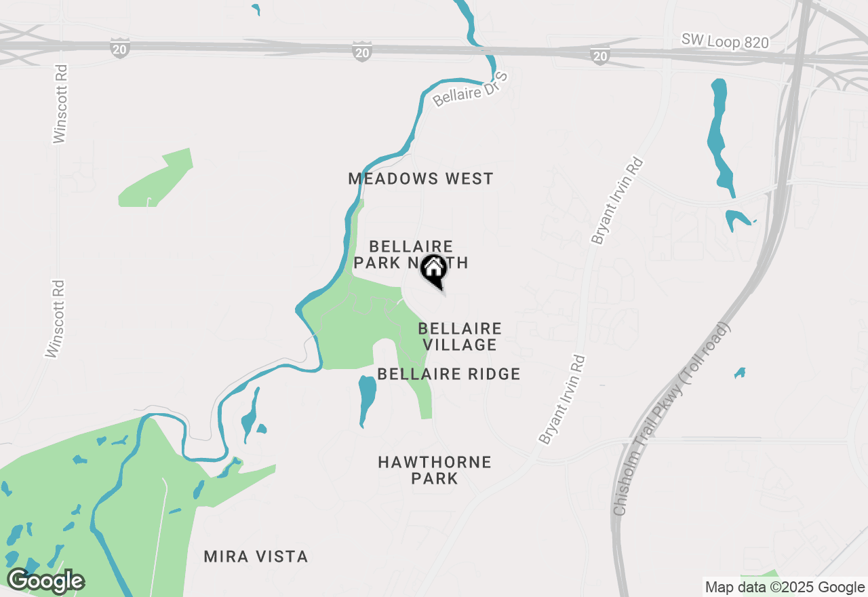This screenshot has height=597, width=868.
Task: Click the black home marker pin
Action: pyautogui.click(x=433, y=271)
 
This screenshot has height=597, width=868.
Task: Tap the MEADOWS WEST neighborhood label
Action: pyautogui.click(x=420, y=179)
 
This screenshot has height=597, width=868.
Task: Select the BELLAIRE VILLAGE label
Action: pyautogui.click(x=460, y=336)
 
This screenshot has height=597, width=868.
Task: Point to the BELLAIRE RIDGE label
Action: pyautogui.click(x=449, y=374)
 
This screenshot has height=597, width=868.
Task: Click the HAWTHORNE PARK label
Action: pyautogui.click(x=435, y=470)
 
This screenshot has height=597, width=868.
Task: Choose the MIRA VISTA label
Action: pyautogui.click(x=256, y=557)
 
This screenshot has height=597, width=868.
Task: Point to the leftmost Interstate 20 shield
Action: pyautogui.click(x=119, y=47)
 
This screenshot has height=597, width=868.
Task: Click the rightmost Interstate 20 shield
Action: pyautogui.click(x=599, y=55)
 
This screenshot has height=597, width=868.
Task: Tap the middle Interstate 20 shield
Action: pyautogui.click(x=361, y=51)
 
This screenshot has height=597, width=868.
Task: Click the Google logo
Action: pyautogui.click(x=45, y=581)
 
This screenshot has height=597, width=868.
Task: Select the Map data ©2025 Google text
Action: pyautogui.click(x=785, y=588)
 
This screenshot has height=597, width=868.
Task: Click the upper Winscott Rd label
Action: pyautogui.click(x=61, y=104)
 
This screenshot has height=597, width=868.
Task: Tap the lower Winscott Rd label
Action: pyautogui.click(x=55, y=319)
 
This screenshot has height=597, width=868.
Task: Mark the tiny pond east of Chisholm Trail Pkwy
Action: pyautogui.click(x=740, y=372)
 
